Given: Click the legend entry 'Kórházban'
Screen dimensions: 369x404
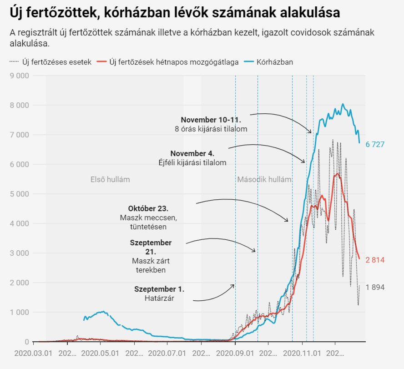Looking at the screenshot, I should coord(274,62).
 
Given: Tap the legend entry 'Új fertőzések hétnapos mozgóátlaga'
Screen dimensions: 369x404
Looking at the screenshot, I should coord(173,62).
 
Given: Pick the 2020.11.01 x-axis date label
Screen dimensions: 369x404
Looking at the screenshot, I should coord(302,353).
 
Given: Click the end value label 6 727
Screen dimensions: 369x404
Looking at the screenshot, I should coord(375,144).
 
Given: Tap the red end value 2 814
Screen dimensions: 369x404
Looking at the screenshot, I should coord(375,260).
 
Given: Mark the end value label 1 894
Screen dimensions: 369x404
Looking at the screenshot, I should coord(375,287).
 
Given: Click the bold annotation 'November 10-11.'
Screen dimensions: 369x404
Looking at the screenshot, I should coord(211,120).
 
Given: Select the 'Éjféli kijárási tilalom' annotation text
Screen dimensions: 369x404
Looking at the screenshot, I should coord(191,162).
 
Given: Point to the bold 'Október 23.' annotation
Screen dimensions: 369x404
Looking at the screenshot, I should coord(148,208).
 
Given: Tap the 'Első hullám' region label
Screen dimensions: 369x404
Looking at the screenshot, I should coord(110,179).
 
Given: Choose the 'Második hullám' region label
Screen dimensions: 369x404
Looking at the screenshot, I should coord(264,179).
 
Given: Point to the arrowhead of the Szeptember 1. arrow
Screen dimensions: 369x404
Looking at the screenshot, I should coord(233,285).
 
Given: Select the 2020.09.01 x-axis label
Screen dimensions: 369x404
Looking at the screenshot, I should coord(235,353).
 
